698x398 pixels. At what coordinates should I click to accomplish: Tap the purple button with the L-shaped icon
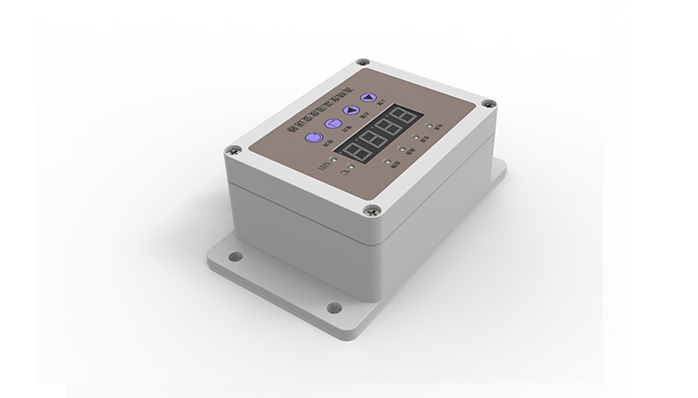pyautogui.click(x=332, y=124)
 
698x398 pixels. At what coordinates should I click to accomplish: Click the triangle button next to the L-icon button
pyautogui.click(x=351, y=112)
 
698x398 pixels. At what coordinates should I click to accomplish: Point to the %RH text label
pyautogui.click(x=325, y=166)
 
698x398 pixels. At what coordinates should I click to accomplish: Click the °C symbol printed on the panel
pyautogui.click(x=339, y=175)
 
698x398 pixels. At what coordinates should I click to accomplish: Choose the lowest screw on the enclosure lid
pyautogui.click(x=373, y=210)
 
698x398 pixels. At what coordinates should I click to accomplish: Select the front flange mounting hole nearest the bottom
pyautogui.click(x=332, y=308)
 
